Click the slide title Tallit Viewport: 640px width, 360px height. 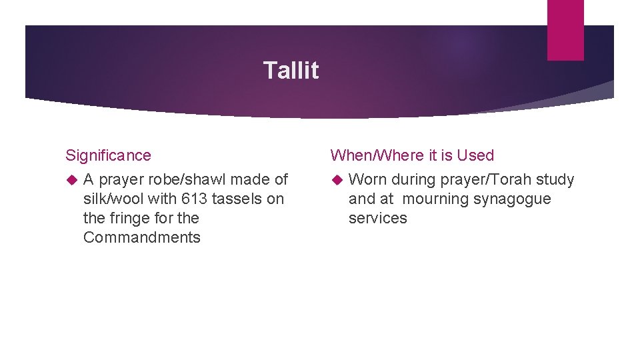point(291,70)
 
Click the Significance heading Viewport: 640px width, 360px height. point(108,155)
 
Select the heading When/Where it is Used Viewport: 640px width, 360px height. point(412,155)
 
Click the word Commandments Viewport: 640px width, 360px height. point(141,237)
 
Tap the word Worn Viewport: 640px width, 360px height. point(367,179)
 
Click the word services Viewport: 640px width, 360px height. point(377,218)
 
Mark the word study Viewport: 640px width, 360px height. point(556,179)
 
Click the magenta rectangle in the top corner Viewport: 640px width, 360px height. point(565,29)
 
